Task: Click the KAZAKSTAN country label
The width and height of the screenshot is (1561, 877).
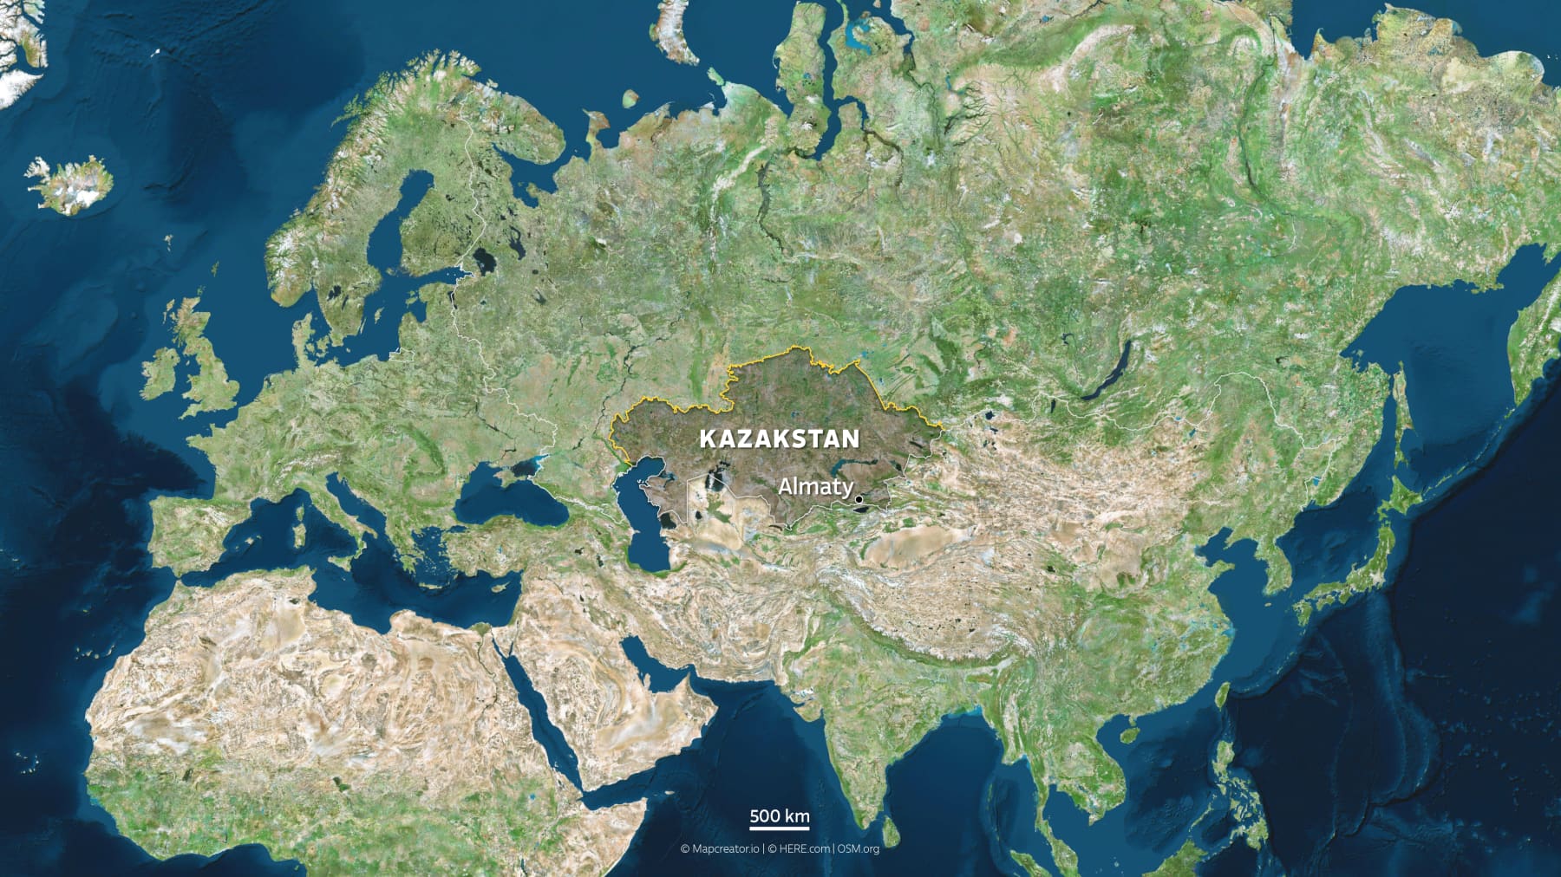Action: coord(779,438)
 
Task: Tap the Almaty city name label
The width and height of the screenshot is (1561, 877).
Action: coord(814,487)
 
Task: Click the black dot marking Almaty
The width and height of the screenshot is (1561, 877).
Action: coord(859,499)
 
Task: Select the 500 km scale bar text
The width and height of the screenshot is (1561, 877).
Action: coord(779,815)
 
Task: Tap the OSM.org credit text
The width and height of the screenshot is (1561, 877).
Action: coord(858,849)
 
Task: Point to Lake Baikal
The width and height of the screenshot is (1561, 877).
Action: coord(1110,373)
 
